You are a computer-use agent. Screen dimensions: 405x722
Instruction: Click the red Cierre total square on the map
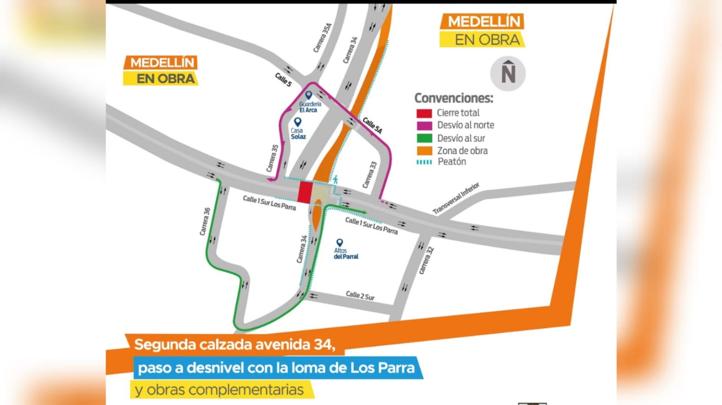305,193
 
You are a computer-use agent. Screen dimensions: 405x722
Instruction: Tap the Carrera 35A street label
322,37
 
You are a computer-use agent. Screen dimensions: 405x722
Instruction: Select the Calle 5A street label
372,125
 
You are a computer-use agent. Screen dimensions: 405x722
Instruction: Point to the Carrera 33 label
370,175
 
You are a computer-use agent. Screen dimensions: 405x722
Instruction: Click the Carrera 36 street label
205,221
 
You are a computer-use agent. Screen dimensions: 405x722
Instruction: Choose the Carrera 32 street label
426,261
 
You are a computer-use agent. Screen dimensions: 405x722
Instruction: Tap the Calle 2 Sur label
360,295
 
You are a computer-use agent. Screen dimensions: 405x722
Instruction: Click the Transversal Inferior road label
456,198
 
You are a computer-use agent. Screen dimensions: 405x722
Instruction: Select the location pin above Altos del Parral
340,243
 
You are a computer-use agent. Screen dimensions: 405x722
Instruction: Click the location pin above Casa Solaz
298,122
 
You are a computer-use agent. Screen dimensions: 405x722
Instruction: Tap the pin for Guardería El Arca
309,95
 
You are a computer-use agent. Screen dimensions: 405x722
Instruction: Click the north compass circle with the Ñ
508,74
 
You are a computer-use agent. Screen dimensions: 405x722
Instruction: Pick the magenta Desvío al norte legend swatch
424,125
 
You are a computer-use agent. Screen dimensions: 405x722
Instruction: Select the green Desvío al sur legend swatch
424,138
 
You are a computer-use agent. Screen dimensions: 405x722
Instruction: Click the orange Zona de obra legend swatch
424,151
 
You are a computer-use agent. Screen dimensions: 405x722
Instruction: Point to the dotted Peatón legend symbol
424,162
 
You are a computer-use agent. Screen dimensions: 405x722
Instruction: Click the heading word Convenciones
454,98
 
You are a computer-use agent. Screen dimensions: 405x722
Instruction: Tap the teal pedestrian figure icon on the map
335,179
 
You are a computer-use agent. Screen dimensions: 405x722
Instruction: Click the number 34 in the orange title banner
324,345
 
